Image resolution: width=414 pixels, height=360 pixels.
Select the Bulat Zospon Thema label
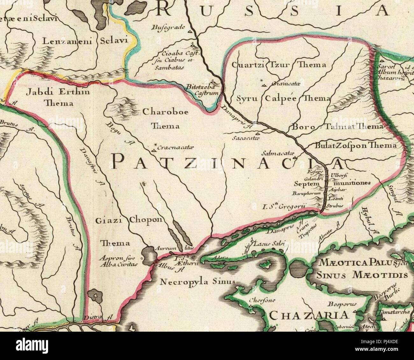click(355, 145)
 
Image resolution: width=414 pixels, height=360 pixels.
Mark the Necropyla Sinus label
click(197, 282)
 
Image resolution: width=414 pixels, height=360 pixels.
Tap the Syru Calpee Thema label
click(283, 99)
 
